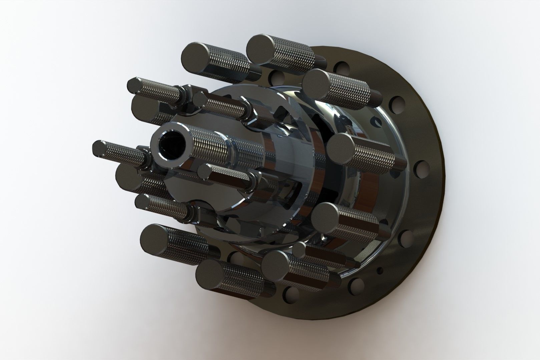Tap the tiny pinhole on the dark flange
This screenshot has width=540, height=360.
(x=380, y=269)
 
